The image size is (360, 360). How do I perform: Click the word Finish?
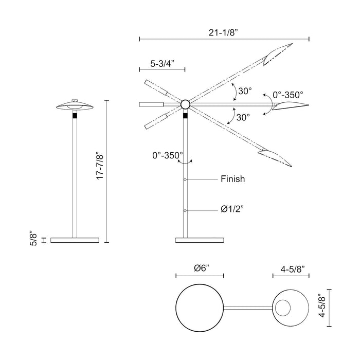[232, 179]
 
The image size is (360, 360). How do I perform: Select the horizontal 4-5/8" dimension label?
[292, 269]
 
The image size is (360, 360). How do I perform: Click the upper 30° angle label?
[244, 91]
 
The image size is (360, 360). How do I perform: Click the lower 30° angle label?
[243, 117]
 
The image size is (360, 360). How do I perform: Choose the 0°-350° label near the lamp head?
[287, 95]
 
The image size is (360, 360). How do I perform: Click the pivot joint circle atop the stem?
[185, 105]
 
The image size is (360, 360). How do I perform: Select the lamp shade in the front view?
[75, 105]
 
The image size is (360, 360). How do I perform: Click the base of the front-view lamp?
[75, 240]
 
